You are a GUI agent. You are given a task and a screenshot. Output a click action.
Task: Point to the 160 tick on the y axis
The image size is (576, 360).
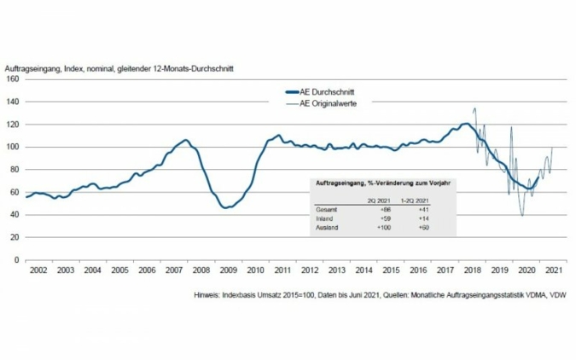(x=12, y=78)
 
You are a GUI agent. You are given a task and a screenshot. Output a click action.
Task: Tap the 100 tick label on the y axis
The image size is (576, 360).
(x=12, y=147)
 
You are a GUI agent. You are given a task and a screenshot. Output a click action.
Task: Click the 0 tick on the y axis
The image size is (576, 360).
(x=17, y=259)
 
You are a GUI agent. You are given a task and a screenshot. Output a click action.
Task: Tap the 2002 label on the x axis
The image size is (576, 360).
(x=38, y=270)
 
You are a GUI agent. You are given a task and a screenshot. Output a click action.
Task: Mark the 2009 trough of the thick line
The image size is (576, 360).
(x=225, y=207)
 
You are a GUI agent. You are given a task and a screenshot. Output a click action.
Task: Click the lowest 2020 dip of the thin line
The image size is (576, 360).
(x=522, y=216)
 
